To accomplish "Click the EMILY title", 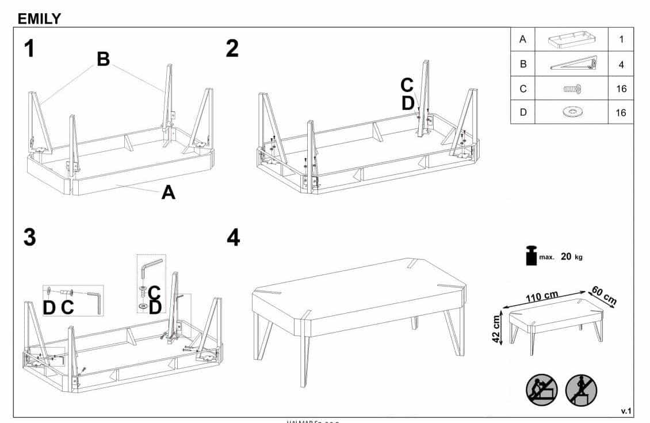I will point(39,18).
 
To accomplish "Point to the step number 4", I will point(233,237).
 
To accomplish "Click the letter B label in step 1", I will point(103,59).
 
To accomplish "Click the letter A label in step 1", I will point(168,192).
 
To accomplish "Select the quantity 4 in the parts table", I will point(621,64).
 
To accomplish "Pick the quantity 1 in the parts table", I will point(621,40).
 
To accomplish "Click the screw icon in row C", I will point(572,89).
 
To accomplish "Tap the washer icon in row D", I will point(572,112).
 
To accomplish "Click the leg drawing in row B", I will point(573,63).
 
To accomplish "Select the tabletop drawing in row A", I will point(572,40).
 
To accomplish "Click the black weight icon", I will point(532,256).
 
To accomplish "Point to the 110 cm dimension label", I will point(542,296).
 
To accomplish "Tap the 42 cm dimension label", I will point(495,329).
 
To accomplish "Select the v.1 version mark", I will point(626,410).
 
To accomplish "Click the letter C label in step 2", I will point(407,85).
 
